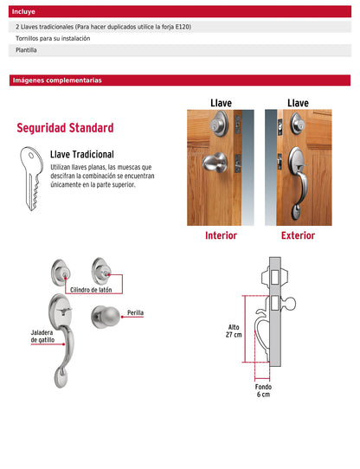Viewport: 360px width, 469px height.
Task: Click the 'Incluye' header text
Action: tap(23, 11)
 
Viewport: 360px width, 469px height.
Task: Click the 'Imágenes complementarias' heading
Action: tap(57, 80)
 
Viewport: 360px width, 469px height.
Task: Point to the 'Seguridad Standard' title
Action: tap(65, 128)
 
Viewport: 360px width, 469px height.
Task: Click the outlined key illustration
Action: tap(31, 178)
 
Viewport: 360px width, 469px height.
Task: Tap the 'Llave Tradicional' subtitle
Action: tap(82, 154)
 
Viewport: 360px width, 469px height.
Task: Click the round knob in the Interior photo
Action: tap(215, 163)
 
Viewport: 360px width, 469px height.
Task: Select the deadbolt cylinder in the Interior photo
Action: tap(219, 124)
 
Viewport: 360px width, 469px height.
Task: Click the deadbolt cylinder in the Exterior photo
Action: tap(297, 124)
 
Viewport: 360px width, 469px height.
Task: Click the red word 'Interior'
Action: tap(221, 235)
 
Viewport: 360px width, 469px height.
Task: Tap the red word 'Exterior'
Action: tap(298, 235)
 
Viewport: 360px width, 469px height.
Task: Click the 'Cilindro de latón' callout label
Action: tap(91, 290)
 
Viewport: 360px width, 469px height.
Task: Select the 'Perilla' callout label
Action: tap(135, 312)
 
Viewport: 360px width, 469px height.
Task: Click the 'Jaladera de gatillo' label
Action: tap(42, 337)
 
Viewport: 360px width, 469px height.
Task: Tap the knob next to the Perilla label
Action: tap(106, 317)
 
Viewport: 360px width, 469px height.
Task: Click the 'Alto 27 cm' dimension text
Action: tap(234, 331)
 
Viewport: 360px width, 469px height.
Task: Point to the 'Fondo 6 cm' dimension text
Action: tap(263, 390)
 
